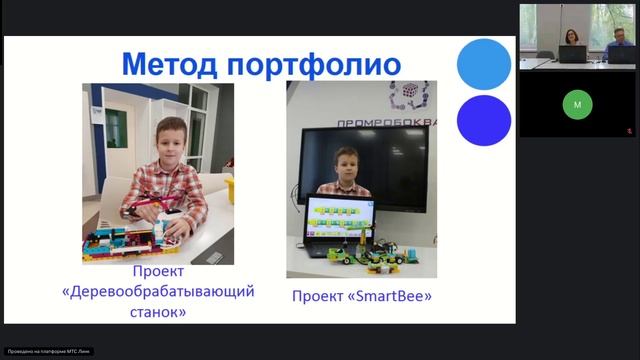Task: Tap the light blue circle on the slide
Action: (x=484, y=63)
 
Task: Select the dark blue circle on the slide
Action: (x=484, y=120)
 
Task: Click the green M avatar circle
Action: (x=576, y=104)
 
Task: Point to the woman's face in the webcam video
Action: (x=571, y=36)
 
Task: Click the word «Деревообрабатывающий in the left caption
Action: (x=158, y=292)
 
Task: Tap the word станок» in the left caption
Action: (x=158, y=311)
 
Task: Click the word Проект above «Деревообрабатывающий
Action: (x=158, y=272)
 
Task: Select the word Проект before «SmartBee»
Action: (x=317, y=296)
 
